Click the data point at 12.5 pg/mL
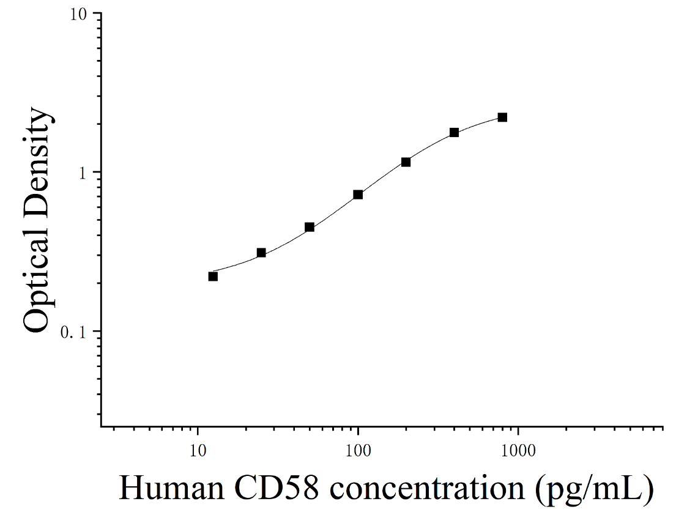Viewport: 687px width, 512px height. tap(213, 276)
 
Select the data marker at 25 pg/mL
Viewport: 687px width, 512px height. tap(261, 253)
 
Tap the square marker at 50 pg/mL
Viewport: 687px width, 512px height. tap(310, 227)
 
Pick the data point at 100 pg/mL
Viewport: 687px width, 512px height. tap(358, 195)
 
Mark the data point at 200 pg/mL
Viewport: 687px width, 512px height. tap(406, 162)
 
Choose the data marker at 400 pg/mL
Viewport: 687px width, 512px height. tap(454, 132)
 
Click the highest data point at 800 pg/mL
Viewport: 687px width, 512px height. tap(502, 117)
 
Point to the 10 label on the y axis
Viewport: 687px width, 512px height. tap(79, 14)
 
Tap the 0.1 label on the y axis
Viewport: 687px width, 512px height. tap(73, 332)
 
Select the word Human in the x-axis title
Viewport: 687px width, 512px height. tap(171, 488)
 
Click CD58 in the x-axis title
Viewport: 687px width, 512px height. tap(276, 488)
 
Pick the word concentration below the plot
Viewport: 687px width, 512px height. tap(427, 489)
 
